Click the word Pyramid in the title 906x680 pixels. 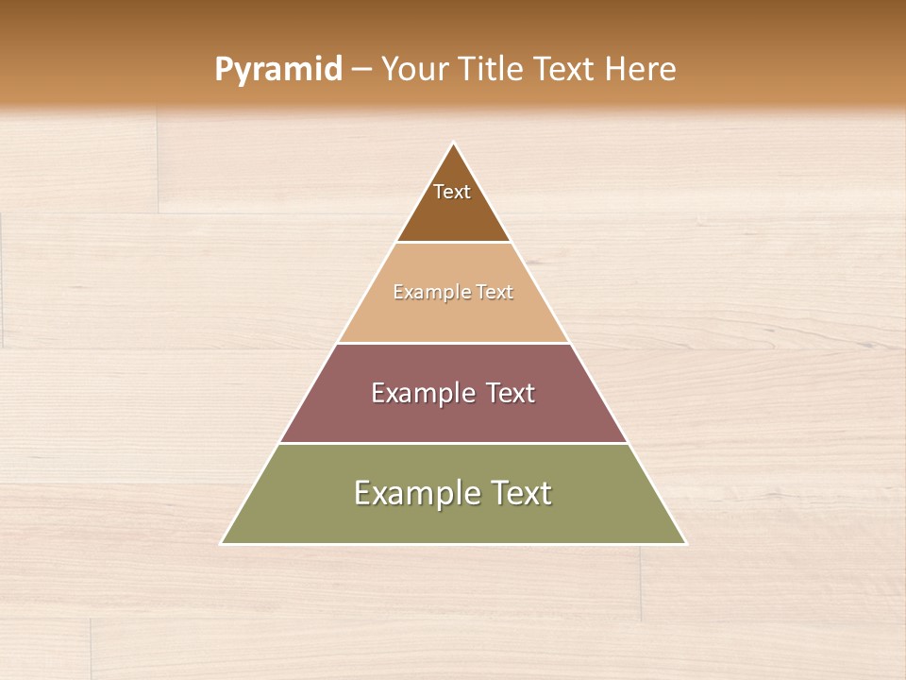point(277,70)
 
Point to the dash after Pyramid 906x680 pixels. point(361,70)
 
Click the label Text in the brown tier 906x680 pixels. point(452,192)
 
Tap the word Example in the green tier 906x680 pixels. point(412,493)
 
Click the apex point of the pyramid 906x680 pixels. point(454,143)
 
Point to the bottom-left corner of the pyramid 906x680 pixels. point(222,543)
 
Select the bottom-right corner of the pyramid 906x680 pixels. point(685,543)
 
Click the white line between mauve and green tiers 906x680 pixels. point(453,443)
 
